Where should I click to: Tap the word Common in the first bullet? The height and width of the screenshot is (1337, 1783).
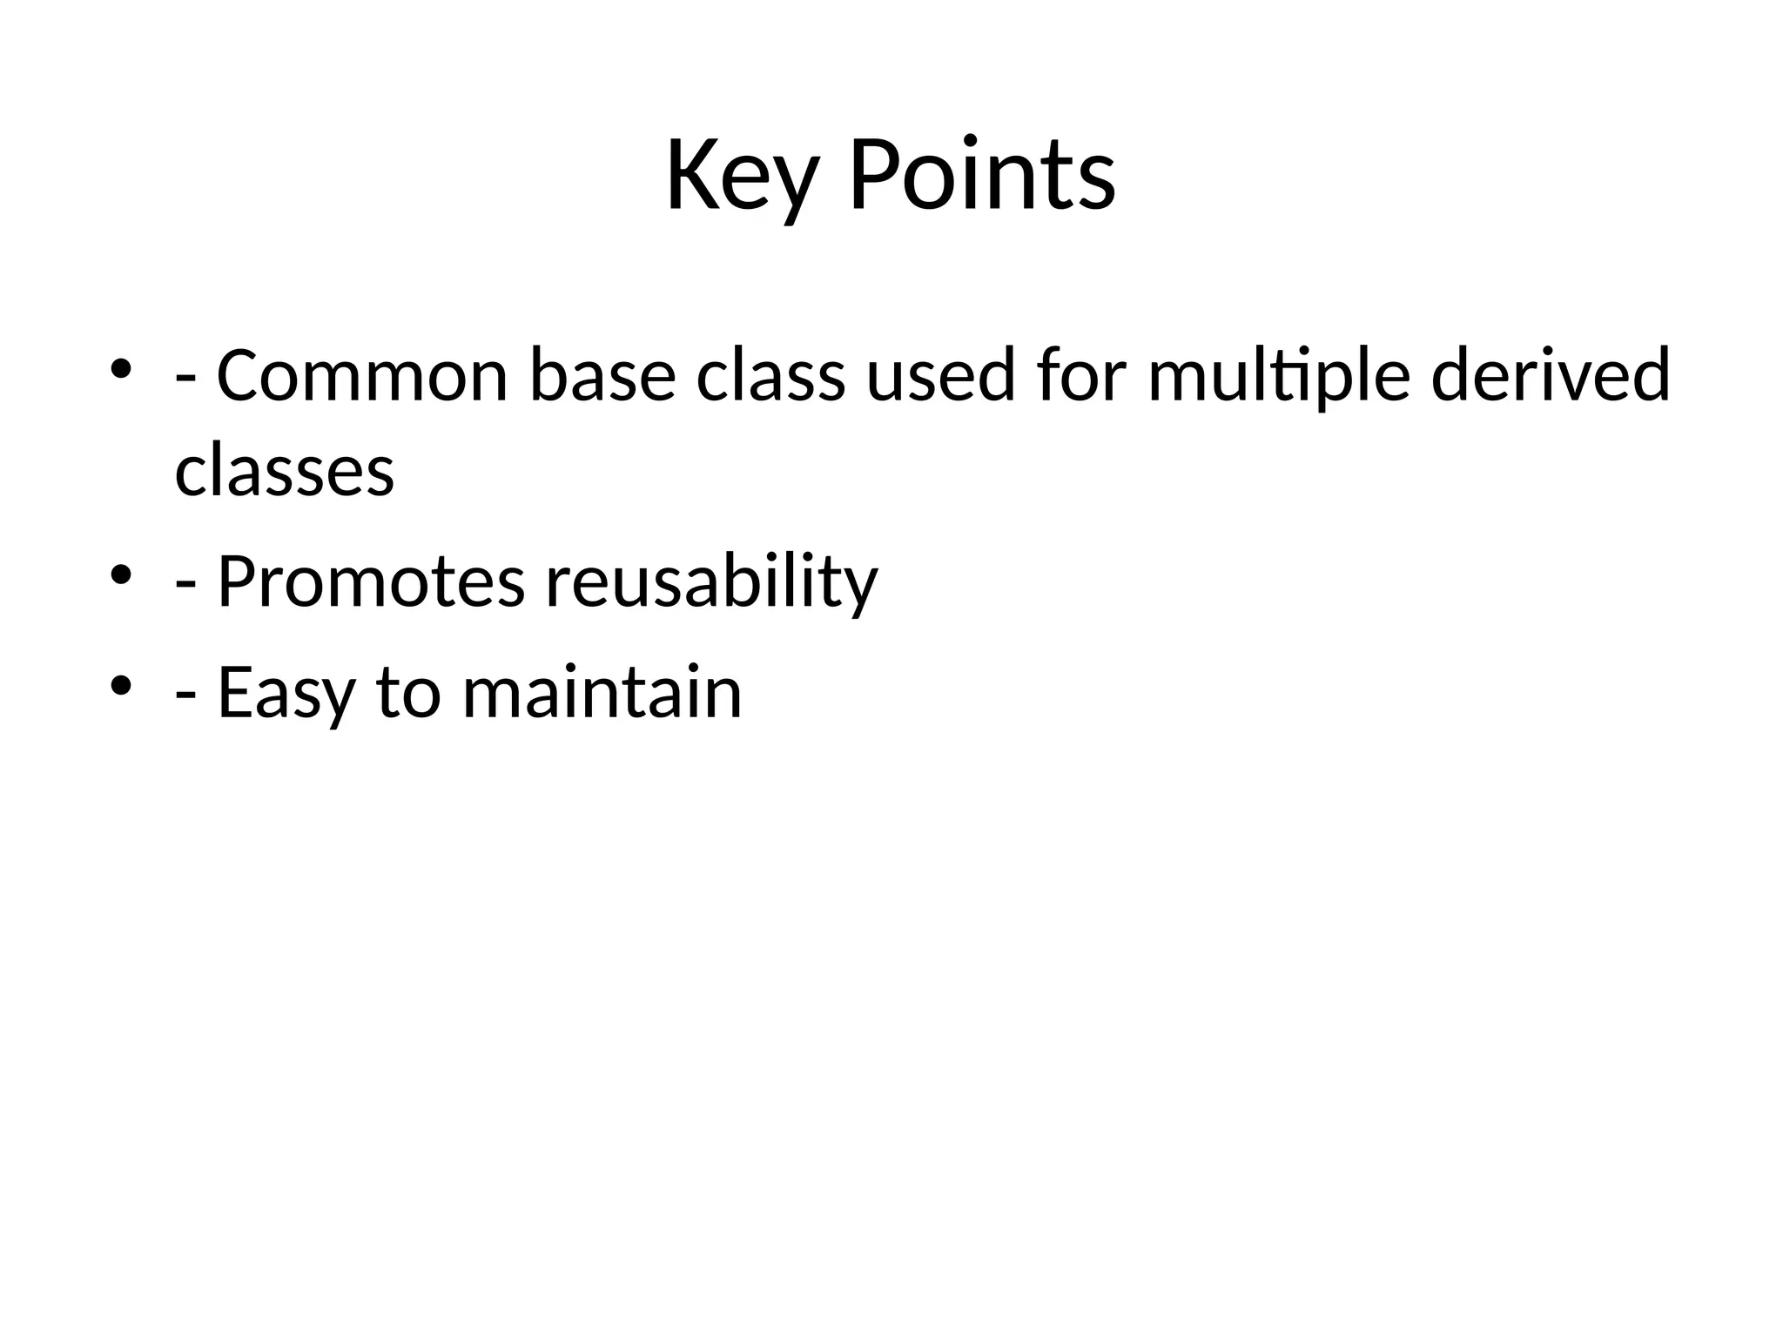[x=361, y=376]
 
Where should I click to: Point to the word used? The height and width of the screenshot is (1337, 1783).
[x=940, y=376]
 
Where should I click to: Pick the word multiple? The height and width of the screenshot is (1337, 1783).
[x=1278, y=376]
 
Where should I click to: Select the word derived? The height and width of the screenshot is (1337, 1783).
[x=1550, y=376]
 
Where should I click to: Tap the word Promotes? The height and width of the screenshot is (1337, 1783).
[x=371, y=581]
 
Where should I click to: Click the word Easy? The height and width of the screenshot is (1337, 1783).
[x=286, y=693]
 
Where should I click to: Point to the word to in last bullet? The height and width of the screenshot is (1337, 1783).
[x=408, y=693]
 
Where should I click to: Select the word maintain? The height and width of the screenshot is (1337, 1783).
[x=602, y=693]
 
